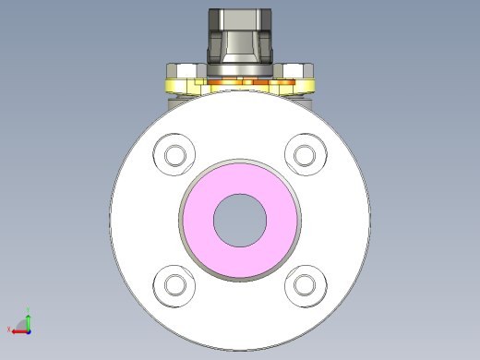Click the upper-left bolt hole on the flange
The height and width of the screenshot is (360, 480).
(x=174, y=154)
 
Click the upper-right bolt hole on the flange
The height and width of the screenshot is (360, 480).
(x=304, y=154)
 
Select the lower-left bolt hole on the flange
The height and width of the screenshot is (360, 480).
(x=174, y=285)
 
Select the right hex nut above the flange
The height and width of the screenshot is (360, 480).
(x=297, y=71)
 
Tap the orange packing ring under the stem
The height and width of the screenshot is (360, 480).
(x=240, y=86)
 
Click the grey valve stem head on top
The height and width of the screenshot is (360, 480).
(x=240, y=20)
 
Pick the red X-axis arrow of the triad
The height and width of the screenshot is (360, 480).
(x=18, y=330)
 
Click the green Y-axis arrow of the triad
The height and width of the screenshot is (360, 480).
(x=28, y=319)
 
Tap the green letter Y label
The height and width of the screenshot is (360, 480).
(x=28, y=309)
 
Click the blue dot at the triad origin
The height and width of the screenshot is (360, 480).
(x=28, y=330)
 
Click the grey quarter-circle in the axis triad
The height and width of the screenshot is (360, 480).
(x=23, y=325)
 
